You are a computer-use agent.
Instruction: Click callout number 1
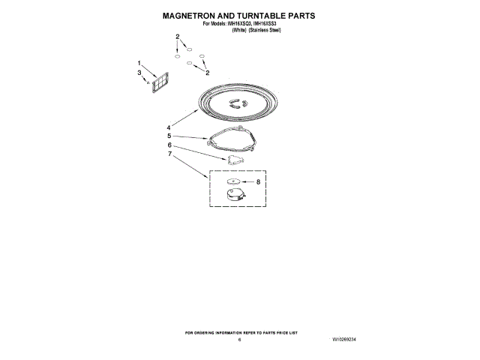coord(139,63)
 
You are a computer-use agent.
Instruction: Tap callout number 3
coord(139,72)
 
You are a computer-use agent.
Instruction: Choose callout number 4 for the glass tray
coord(169,127)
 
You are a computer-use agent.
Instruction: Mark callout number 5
coord(169,136)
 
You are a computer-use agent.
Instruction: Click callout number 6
coord(169,145)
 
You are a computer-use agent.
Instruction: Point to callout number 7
coord(169,154)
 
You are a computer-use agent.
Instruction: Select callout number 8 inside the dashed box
coord(259,182)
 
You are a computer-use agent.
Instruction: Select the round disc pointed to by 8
coord(233,181)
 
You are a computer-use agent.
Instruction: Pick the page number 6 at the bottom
coord(239,340)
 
